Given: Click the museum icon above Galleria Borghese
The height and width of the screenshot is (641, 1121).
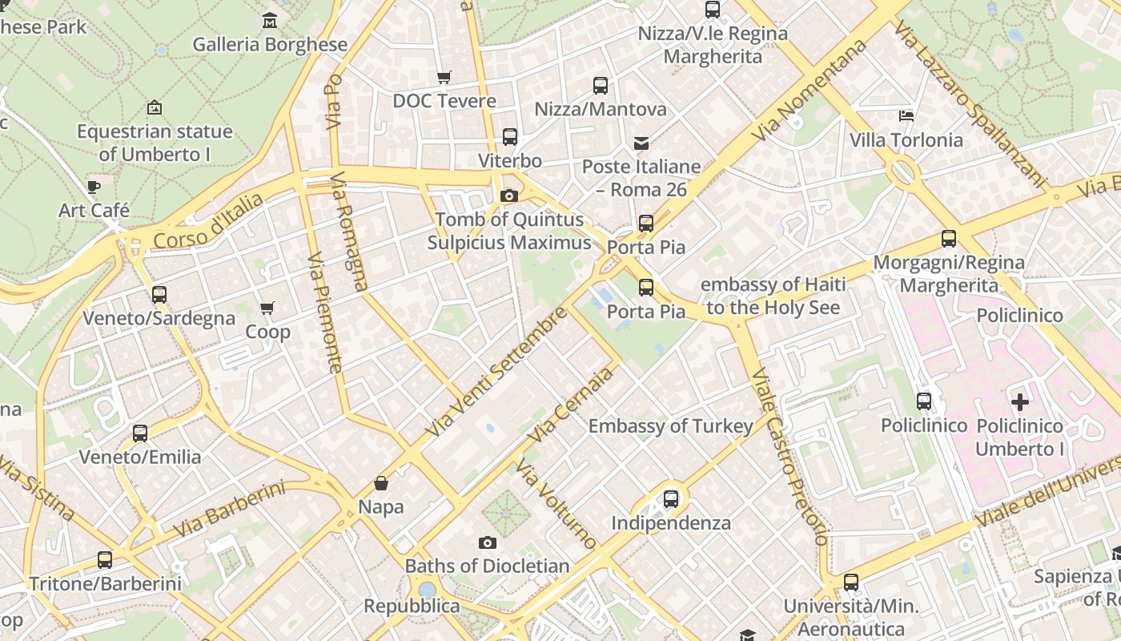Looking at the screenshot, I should [270, 20].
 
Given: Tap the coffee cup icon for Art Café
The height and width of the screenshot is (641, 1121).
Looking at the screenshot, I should [94, 187].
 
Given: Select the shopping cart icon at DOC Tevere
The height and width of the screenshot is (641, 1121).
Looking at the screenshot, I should [444, 78].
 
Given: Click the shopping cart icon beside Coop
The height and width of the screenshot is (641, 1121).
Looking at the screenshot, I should [267, 308].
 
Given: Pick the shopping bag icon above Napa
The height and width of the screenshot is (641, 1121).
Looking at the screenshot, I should [381, 483].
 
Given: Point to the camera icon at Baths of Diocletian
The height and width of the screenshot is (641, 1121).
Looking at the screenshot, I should [487, 543].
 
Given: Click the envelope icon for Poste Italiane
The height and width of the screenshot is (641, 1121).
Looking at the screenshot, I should [641, 143].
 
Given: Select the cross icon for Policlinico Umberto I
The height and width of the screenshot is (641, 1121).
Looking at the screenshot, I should [1019, 402].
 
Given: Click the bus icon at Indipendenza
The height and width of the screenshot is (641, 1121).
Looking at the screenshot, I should [671, 499].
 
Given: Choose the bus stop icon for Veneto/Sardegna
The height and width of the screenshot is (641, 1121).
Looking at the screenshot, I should [159, 295].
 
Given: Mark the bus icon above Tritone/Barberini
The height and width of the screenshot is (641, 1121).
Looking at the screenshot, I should [105, 560].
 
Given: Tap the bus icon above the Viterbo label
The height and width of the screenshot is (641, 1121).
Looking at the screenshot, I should [510, 137].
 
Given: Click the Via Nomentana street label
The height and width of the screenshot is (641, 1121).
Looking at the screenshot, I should [810, 91].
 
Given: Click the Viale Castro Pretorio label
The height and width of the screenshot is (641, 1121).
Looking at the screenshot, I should [789, 457].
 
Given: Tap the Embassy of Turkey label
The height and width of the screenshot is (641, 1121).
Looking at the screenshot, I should [670, 426].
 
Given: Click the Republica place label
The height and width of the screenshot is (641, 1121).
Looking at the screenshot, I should [412, 606].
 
